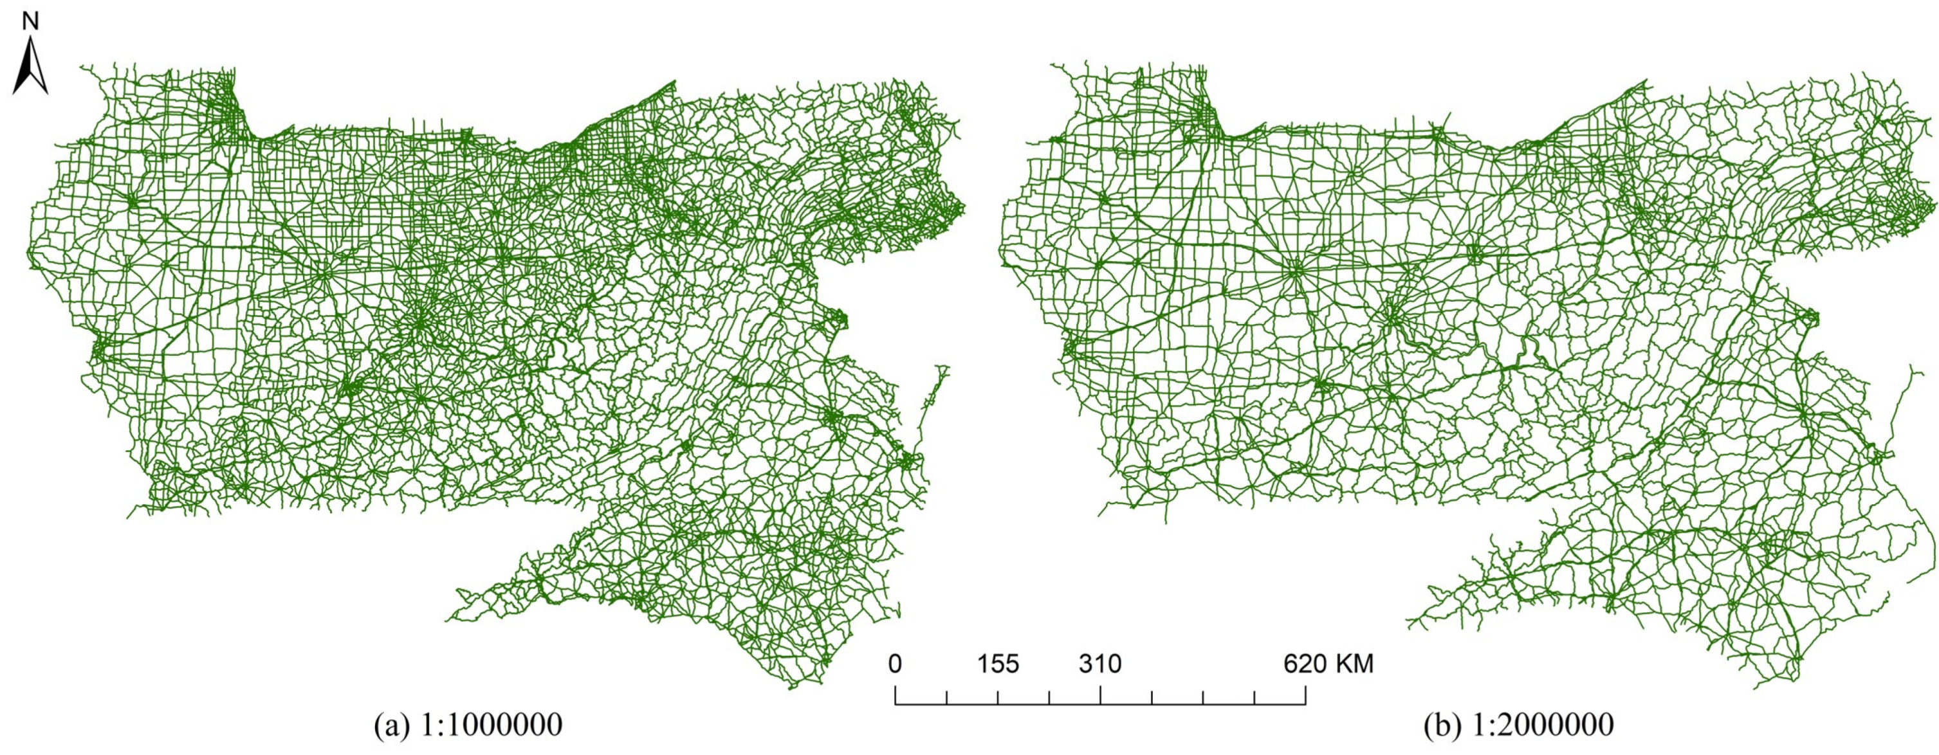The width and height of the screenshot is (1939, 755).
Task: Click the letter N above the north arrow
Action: coord(30,22)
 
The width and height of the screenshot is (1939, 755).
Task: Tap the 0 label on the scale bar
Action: coord(895,664)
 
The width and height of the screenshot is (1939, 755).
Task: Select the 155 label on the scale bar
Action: coord(998,664)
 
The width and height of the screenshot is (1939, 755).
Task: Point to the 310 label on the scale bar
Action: coord(1099,664)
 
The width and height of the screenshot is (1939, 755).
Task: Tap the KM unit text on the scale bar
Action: coord(1355,664)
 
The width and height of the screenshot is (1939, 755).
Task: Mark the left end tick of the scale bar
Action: coord(895,696)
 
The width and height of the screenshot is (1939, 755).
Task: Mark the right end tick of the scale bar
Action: coord(1305,696)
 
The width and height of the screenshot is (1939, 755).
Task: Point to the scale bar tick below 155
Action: coord(998,698)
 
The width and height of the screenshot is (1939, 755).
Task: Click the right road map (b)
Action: coord(1468,339)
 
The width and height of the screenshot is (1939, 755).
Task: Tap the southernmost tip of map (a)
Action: coord(800,686)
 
